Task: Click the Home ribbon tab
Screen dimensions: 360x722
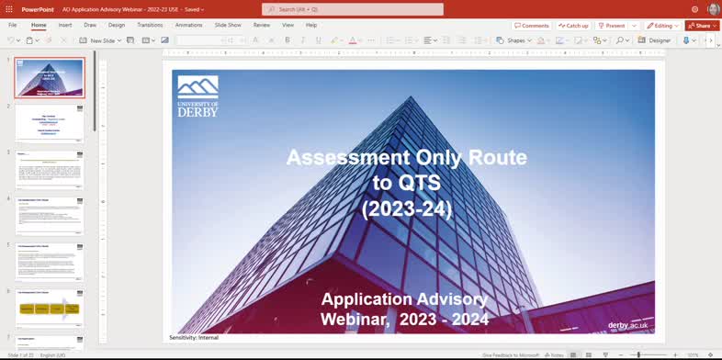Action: click(39, 25)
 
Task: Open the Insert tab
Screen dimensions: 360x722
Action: click(65, 25)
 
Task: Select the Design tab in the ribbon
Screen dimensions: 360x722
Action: click(117, 25)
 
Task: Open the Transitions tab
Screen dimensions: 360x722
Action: click(150, 25)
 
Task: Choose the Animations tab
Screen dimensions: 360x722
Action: click(189, 25)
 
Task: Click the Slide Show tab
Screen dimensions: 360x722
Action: click(228, 25)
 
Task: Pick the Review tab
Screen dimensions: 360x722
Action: click(262, 25)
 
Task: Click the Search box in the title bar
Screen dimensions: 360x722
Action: click(353, 9)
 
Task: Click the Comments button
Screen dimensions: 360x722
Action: click(532, 26)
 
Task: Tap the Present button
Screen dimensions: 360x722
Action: click(613, 26)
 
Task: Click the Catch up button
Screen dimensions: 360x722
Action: click(574, 26)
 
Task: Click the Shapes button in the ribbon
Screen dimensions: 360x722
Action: click(512, 40)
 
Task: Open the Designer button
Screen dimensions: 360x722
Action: click(656, 40)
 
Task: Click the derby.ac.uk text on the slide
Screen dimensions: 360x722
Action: click(629, 325)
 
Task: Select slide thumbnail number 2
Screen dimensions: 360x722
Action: click(50, 122)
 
